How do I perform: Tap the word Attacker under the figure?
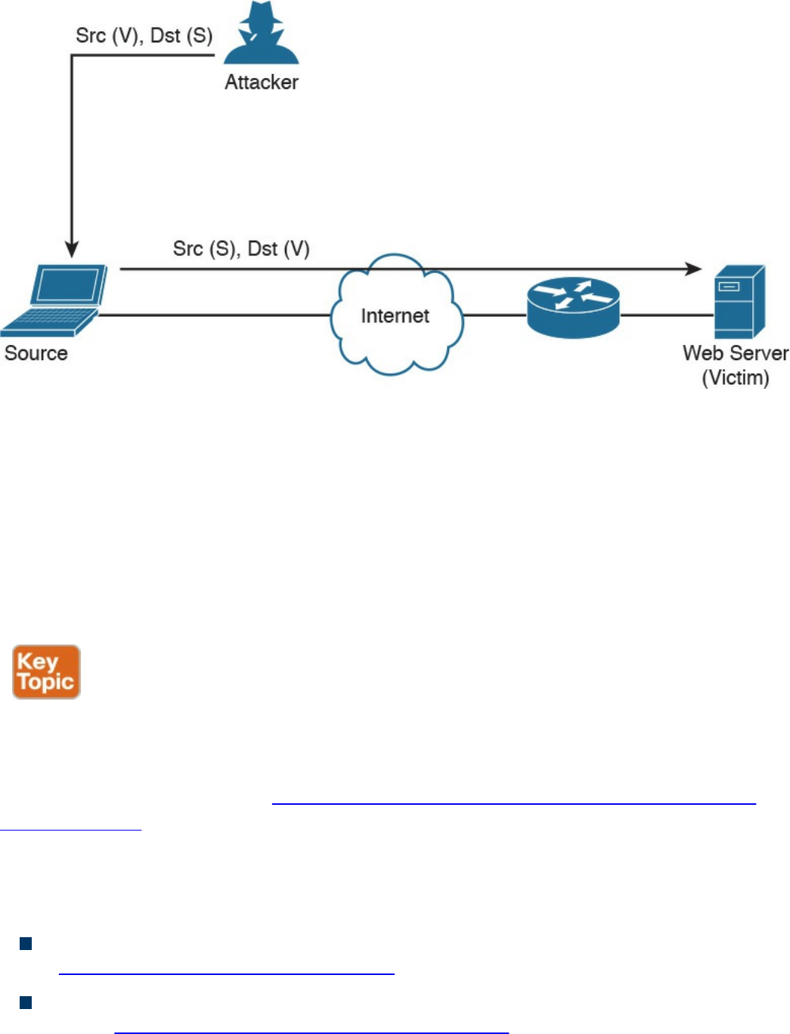[x=262, y=82]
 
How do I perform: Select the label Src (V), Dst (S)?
[x=144, y=36]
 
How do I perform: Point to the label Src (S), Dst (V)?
[x=241, y=249]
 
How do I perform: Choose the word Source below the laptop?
[x=36, y=353]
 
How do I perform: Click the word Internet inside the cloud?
[x=395, y=316]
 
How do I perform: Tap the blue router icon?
[x=573, y=307]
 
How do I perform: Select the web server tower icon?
[x=739, y=302]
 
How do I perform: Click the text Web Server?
[x=735, y=353]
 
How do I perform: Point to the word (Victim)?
[x=736, y=377]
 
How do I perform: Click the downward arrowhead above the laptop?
[x=72, y=250]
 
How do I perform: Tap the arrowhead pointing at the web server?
[x=693, y=269]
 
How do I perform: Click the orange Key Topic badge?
[x=46, y=672]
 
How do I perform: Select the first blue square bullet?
[x=26, y=943]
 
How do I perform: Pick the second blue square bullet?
[x=26, y=1003]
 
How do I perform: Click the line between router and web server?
[x=667, y=315]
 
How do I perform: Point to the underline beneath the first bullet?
[x=227, y=974]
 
